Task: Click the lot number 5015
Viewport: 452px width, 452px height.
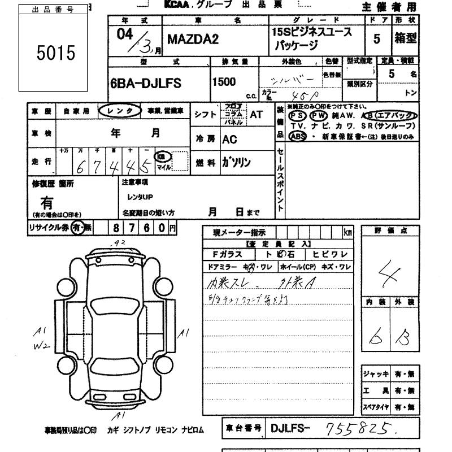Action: pos(55,54)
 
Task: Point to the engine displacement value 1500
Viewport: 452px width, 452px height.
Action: pos(224,82)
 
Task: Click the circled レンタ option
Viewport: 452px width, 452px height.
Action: pos(119,112)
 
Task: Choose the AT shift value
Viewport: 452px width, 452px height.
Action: pos(256,114)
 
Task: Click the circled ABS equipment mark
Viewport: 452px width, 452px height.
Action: pos(297,136)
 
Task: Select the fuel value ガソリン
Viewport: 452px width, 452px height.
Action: pos(236,163)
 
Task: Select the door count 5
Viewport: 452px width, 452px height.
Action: pos(392,39)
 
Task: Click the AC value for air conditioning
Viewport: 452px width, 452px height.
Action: pos(229,139)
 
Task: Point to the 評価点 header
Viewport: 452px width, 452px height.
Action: pos(390,231)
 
